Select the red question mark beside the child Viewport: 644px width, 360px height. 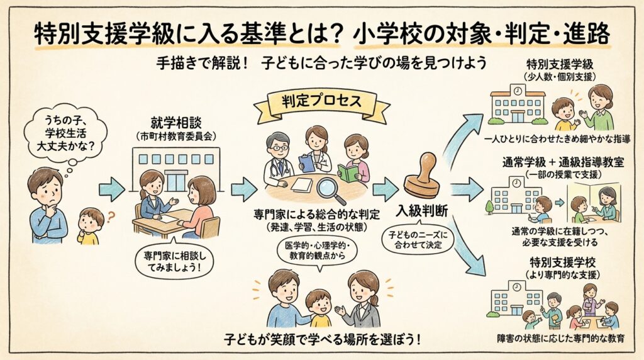point(111,218)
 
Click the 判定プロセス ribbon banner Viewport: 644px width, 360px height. point(321,102)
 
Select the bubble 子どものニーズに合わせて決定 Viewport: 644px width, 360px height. point(421,240)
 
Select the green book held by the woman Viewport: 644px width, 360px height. point(348,172)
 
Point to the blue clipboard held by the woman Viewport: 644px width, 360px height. point(307,163)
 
